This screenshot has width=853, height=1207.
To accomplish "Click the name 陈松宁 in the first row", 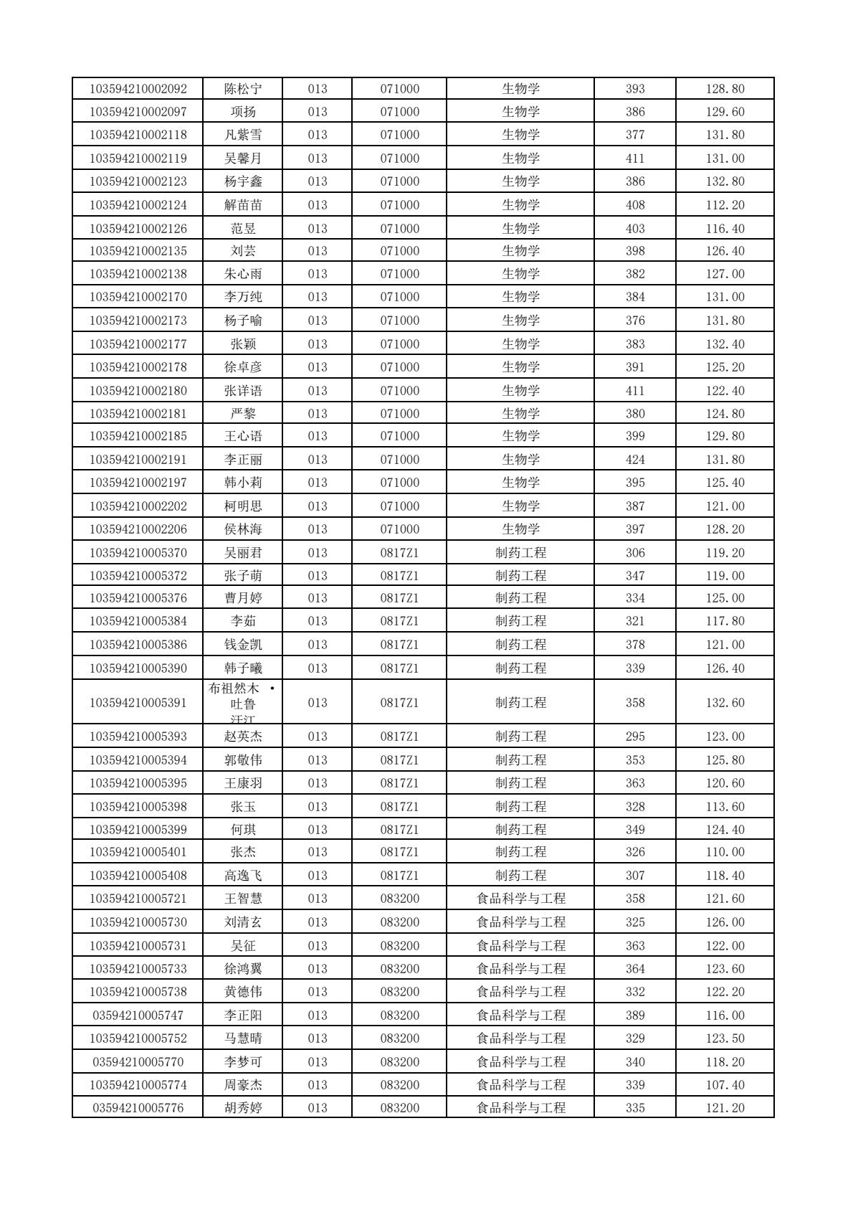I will coord(243,89).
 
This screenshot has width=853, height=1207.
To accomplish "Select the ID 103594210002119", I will coord(138,158).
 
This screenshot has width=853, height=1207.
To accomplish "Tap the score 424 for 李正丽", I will coord(634,460).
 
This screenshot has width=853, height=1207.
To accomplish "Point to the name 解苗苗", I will coord(243,205).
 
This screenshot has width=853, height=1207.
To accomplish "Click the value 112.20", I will coord(725,205).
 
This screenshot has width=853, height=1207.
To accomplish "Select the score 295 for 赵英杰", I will coord(634,737).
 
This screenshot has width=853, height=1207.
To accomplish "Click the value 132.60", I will coord(725,703).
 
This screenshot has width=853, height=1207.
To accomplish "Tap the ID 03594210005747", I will coord(138,1016).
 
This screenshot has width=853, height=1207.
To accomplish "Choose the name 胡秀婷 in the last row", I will coord(243,1108).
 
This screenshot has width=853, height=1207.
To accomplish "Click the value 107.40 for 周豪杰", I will coord(725,1085).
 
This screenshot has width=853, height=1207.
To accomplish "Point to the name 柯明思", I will coord(243,506).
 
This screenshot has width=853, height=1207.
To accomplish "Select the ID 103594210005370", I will coord(138,553).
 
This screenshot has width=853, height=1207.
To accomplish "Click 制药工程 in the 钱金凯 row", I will coord(520,645).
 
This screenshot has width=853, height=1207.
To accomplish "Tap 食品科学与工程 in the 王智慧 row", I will coord(520,899).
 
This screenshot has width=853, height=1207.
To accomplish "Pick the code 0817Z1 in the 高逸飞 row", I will coord(399,876).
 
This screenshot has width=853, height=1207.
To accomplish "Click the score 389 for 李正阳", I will coord(634,1016).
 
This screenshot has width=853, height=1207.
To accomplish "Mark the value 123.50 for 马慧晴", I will coord(725,1038).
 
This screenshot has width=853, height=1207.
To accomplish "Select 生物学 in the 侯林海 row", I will coord(520,529).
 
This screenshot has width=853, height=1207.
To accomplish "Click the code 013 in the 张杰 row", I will coord(317,852).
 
